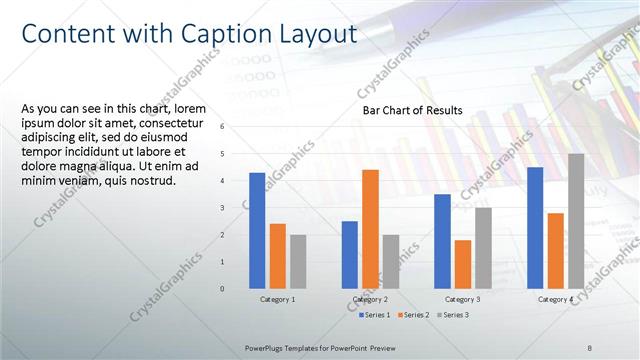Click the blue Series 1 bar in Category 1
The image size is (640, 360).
pos(257,230)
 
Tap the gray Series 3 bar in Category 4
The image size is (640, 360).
pos(576,221)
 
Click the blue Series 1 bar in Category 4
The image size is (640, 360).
pos(535,227)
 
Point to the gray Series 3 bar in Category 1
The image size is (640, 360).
pos(298,261)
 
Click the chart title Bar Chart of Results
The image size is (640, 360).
pos(412,111)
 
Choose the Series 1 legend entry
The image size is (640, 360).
pos(376,315)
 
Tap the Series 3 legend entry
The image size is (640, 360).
pos(453,315)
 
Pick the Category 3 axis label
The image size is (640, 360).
pos(462,299)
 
